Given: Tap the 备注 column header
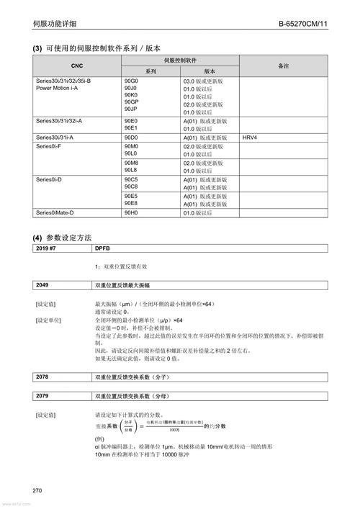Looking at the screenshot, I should [x=283, y=66].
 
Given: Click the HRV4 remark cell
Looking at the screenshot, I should [x=251, y=137].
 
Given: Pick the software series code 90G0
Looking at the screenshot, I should [x=131, y=81].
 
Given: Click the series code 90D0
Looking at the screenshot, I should [x=131, y=137].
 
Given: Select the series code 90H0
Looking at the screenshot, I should [x=131, y=213].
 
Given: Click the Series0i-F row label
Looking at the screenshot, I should [x=48, y=146].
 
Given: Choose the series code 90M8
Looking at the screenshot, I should [x=131, y=163].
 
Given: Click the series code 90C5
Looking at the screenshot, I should [x=131, y=179].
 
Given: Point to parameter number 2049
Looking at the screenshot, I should [x=42, y=286].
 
